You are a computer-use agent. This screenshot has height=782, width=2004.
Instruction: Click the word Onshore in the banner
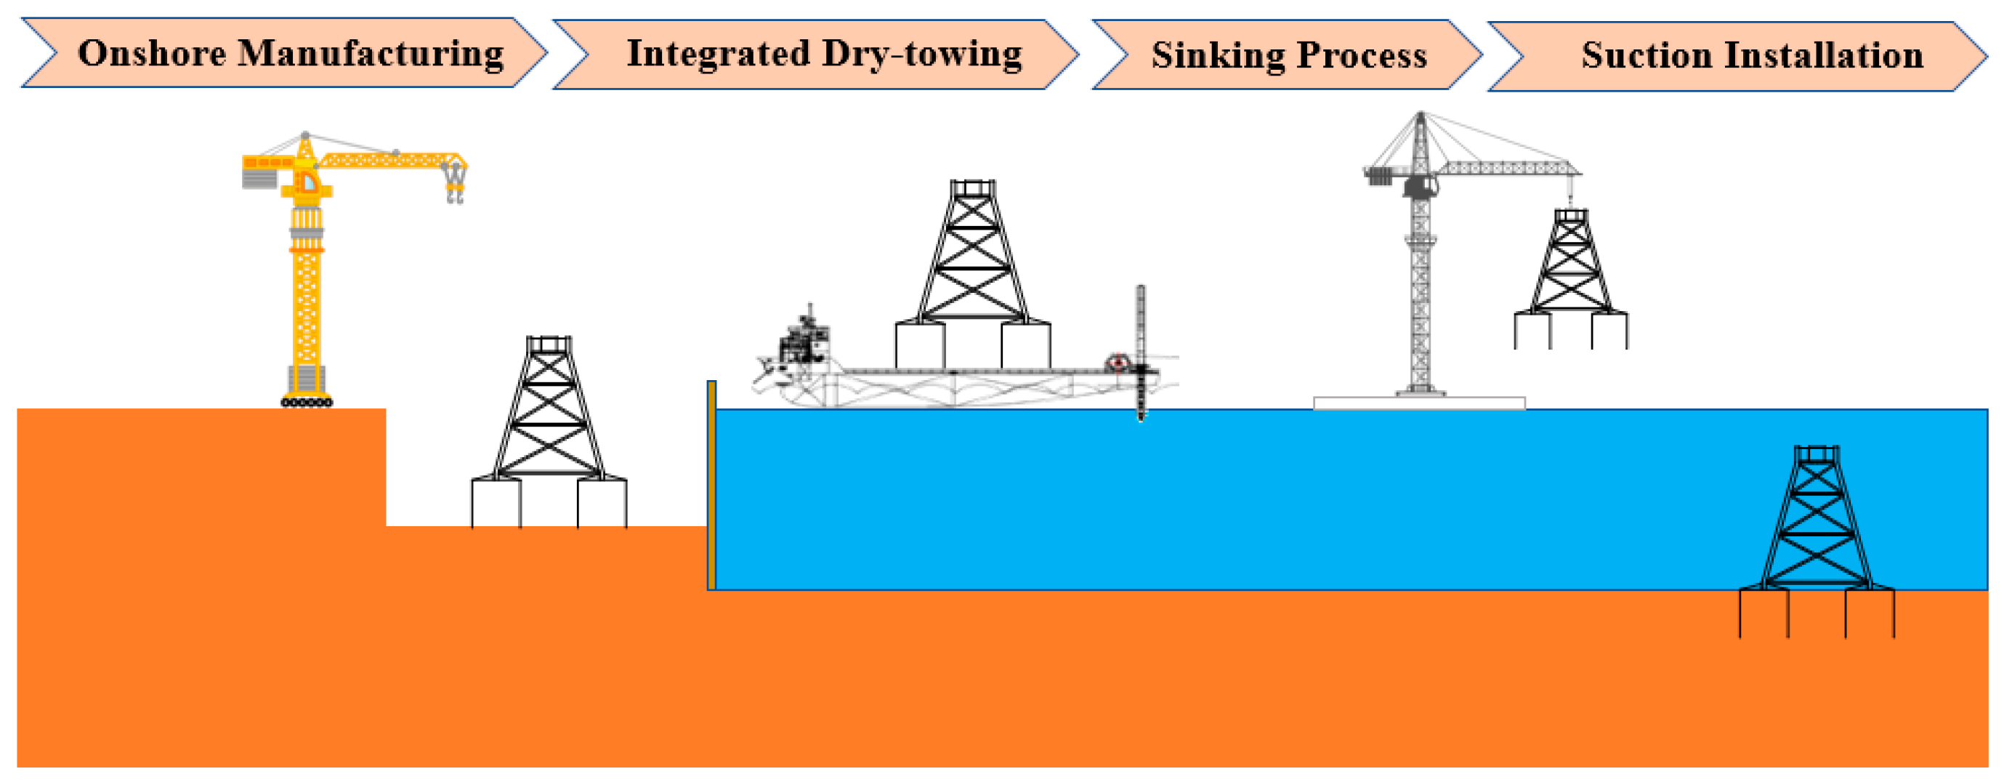tap(152, 54)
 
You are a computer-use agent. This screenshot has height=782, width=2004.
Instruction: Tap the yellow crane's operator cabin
tap(307, 182)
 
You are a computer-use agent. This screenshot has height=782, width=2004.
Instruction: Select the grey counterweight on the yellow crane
tap(259, 178)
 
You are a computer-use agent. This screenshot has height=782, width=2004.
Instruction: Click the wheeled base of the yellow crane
tap(307, 401)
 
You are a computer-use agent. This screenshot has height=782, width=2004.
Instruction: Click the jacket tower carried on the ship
tap(973, 273)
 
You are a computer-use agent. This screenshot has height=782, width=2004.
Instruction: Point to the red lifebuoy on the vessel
tap(1117, 362)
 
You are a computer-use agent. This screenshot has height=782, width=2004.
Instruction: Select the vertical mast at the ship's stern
tap(1141, 350)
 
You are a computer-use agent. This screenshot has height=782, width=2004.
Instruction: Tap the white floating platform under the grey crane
tap(1419, 403)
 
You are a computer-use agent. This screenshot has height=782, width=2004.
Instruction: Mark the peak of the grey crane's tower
tap(1421, 117)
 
